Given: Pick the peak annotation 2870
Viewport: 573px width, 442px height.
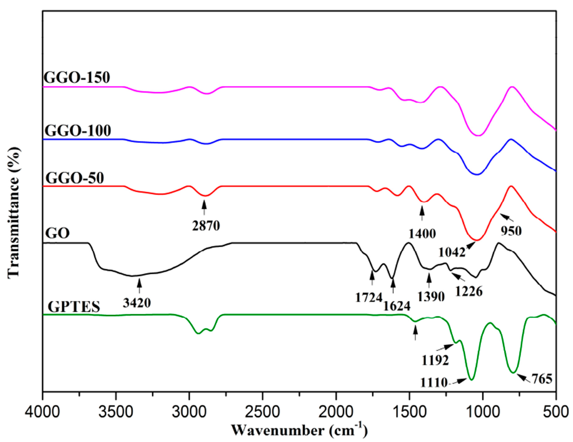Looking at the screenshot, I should click(x=206, y=226).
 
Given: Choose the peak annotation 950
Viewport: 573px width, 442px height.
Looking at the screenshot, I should click(x=511, y=231).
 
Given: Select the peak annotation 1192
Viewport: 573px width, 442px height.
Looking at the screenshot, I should click(x=435, y=361).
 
